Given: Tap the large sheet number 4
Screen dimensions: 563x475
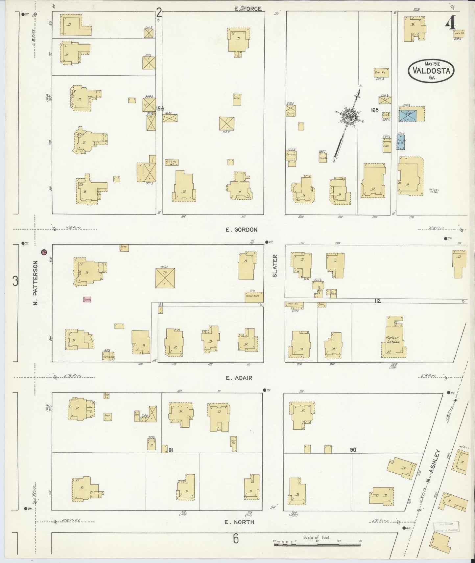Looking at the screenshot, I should (x=451, y=24).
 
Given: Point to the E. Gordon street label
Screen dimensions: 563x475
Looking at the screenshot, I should (x=241, y=230).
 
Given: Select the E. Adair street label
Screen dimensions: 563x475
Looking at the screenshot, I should (x=239, y=378).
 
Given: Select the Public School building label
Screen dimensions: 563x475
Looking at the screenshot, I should (x=393, y=340).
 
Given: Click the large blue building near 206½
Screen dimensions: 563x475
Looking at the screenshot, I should (x=408, y=115).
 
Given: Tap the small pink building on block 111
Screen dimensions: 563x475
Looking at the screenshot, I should (x=87, y=300).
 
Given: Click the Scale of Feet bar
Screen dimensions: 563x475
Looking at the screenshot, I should (x=317, y=545).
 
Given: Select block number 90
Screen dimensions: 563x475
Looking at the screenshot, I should (x=353, y=450).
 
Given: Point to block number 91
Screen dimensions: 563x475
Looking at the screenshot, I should (x=171, y=450).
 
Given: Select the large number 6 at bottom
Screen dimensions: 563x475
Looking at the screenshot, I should (x=236, y=539).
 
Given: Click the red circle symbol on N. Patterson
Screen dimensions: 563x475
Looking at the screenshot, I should (x=44, y=252).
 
